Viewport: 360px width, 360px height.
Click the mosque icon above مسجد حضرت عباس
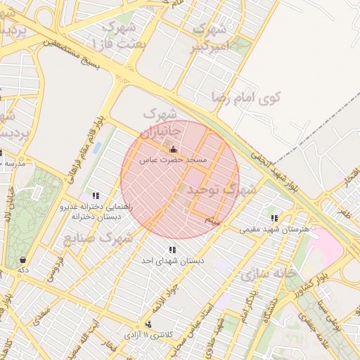pos(174,150)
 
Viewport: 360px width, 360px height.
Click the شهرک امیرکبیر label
pos(210,39)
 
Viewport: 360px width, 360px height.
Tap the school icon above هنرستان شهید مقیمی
pos(274,218)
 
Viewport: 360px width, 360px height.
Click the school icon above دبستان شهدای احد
pos(172,250)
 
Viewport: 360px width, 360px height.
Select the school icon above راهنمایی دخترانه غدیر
pos(96,195)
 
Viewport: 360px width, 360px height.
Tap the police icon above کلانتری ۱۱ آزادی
pos(148,324)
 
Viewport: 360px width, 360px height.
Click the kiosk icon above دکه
pos(23,258)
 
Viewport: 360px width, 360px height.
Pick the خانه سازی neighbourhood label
pos(268,273)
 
